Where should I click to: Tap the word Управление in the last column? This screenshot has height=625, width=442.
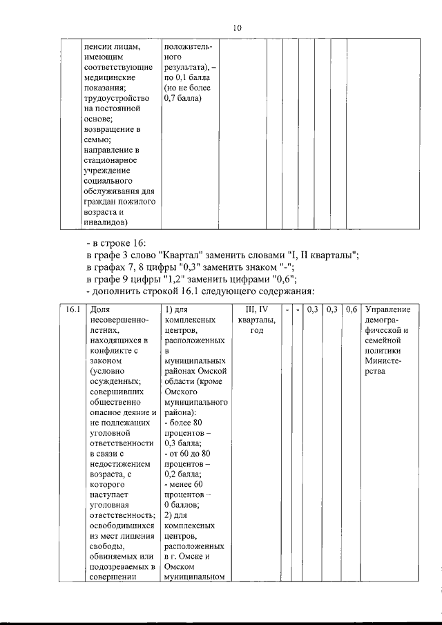tap(387, 310)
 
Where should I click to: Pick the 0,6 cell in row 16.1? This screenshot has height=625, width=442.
tap(352, 310)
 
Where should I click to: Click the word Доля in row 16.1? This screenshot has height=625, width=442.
tap(99, 310)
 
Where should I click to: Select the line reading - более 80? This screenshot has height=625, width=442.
tap(185, 422)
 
